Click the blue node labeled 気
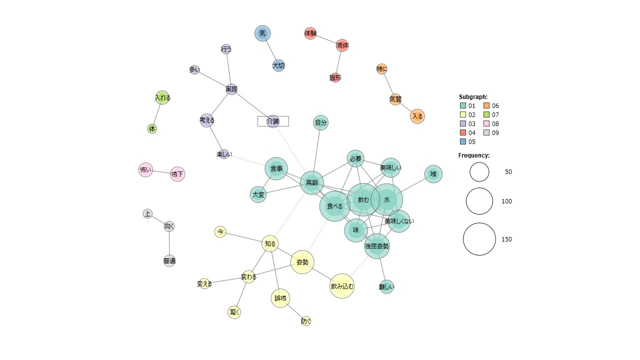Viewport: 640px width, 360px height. click(x=262, y=33)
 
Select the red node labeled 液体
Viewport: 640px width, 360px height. click(x=342, y=45)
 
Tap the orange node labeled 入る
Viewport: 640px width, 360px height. click(x=417, y=116)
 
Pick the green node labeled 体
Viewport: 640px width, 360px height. click(x=152, y=129)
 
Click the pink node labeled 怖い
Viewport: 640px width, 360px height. click(x=145, y=170)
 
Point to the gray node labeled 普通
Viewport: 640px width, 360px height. click(x=169, y=261)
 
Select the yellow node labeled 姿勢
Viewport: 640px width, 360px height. click(x=302, y=262)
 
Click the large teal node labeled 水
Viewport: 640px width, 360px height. click(x=387, y=199)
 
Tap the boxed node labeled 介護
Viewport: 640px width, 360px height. click(x=273, y=121)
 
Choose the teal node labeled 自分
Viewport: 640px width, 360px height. click(x=320, y=123)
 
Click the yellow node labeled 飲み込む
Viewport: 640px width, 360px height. click(x=342, y=286)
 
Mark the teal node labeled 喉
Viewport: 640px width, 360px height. click(x=433, y=174)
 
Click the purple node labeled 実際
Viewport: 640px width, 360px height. click(x=231, y=89)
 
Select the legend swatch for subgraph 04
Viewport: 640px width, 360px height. click(x=463, y=132)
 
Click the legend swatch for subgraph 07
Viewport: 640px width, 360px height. click(x=486, y=114)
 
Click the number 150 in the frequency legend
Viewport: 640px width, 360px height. click(x=506, y=239)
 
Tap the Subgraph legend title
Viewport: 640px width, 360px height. click(x=473, y=97)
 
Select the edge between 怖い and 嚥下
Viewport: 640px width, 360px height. click(x=161, y=172)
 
